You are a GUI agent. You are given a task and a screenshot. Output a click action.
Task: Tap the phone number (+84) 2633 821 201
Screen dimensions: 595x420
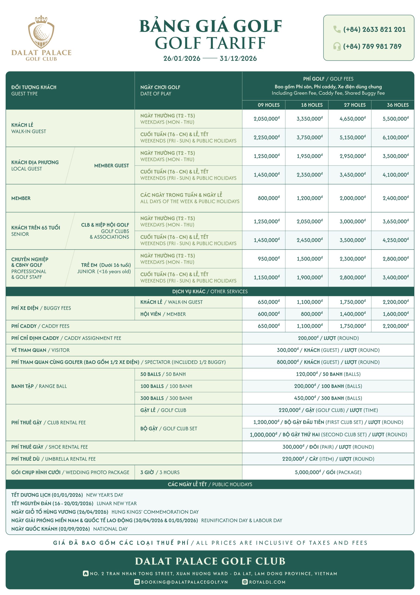pyautogui.click(x=374, y=30)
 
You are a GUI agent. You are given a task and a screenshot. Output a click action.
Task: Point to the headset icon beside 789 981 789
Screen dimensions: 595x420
pyautogui.click(x=337, y=46)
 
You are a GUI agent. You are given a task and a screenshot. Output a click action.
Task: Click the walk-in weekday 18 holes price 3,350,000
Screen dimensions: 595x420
pyautogui.click(x=309, y=119)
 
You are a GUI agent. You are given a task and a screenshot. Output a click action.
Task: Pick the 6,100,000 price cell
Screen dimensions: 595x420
pyautogui.click(x=395, y=138)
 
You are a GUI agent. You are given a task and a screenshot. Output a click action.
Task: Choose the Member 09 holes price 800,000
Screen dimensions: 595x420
pyautogui.click(x=269, y=198)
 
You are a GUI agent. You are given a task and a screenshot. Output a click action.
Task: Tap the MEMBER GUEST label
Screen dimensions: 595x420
pyautogui.click(x=111, y=165)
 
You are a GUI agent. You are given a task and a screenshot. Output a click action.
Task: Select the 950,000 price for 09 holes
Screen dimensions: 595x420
pyautogui.click(x=269, y=259)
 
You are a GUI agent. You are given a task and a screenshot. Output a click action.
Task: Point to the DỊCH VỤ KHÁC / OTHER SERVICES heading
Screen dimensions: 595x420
pyautogui.click(x=210, y=291)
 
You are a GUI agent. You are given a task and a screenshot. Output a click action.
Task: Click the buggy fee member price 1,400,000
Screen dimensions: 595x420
pyautogui.click(x=352, y=314)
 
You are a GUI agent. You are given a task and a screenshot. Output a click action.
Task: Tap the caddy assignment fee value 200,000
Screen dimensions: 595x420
pyautogui.click(x=328, y=338)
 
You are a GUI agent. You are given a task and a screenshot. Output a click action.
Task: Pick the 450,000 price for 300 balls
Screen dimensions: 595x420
pyautogui.click(x=328, y=398)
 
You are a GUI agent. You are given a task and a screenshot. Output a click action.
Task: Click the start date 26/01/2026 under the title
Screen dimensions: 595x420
pyautogui.click(x=182, y=59)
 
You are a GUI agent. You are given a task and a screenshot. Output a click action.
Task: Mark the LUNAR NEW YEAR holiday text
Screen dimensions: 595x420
pyautogui.click(x=117, y=503)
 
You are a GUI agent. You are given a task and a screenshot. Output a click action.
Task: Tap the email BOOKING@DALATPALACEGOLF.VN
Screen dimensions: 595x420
pyautogui.click(x=184, y=582)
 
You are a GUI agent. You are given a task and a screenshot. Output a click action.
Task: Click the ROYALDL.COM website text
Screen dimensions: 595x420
pyautogui.click(x=267, y=582)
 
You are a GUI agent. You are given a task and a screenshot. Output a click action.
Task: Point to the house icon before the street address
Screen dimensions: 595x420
pyautogui.click(x=86, y=573)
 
